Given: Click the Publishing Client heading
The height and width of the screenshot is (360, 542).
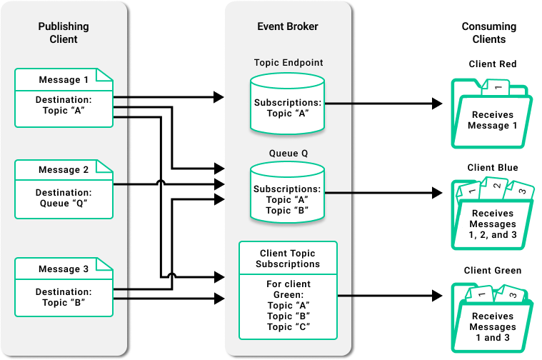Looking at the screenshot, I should coord(64,33).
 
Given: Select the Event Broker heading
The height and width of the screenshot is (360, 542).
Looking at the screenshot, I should coord(288,27).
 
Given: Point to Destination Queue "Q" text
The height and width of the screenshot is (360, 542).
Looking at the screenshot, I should coord(64,199).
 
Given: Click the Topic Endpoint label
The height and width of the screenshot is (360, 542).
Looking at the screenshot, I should coord(288,63).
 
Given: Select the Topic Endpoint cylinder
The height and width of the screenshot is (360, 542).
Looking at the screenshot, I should coord(288,106).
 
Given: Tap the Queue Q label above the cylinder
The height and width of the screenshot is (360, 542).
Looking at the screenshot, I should coord(288,154).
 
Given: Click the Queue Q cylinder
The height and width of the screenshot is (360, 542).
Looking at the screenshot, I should coord(288,193).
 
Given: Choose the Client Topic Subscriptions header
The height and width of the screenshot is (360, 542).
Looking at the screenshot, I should coord(288,259).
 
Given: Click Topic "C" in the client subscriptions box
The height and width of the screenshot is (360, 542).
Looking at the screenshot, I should coord(288,327).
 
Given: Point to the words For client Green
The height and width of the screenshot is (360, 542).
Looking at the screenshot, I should coord(288,289).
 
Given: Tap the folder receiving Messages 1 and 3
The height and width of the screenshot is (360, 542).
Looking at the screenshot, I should coord(492,320).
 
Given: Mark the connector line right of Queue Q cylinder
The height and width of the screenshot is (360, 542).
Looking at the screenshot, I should coord(339,193).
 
